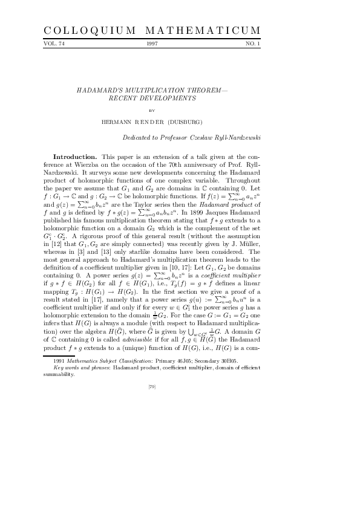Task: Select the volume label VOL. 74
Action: pos(54,44)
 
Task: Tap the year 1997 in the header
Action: pos(153,44)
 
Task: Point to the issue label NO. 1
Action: pos(253,44)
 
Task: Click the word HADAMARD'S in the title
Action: pos(100,89)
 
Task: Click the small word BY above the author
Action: pos(152,110)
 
